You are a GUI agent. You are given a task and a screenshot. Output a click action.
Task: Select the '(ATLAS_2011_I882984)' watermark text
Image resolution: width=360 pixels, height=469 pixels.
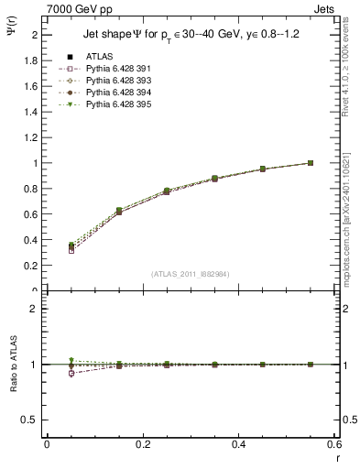(x=191, y=273)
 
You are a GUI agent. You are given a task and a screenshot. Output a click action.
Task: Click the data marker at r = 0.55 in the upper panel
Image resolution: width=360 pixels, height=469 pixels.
(x=310, y=163)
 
